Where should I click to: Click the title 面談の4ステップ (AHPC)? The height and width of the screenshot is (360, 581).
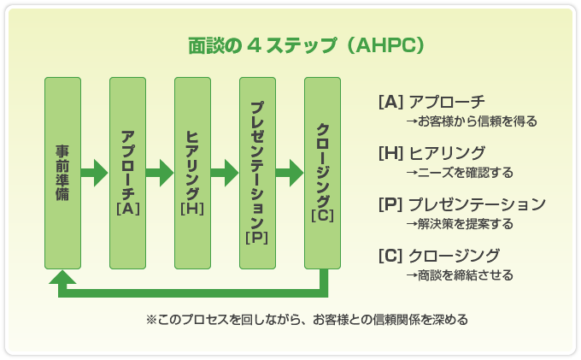306,45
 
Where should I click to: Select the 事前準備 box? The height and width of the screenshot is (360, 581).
62,173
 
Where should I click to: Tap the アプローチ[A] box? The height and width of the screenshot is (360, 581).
128,173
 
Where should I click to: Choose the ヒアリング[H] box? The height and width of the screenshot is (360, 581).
193,173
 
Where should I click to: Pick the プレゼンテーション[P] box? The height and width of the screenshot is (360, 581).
257,173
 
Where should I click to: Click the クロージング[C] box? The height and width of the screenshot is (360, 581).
322,173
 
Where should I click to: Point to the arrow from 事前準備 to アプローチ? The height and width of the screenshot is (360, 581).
95,173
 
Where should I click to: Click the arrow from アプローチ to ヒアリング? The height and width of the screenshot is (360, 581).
160,173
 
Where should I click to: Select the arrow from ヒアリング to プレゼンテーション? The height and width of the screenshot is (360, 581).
225,173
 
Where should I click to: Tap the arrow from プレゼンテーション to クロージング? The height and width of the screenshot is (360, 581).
290,173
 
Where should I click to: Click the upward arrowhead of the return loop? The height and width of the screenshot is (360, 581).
62,277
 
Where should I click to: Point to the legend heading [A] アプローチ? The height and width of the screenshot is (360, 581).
431,102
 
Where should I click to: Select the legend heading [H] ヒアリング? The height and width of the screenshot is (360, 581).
431,153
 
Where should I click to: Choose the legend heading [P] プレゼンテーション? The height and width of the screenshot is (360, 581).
462,204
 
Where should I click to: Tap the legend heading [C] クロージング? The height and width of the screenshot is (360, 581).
439,256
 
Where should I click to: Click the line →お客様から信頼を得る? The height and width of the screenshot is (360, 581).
472,121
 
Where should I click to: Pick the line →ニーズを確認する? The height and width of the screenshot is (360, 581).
460,173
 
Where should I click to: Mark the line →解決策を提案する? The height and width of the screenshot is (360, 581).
460,223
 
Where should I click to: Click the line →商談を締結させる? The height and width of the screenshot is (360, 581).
460,274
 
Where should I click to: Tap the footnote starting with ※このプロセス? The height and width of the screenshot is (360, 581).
307,319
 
